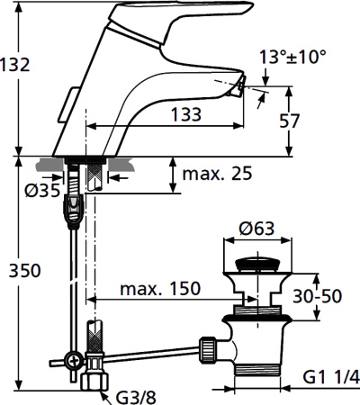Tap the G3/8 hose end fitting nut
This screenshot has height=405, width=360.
pos(93,382)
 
